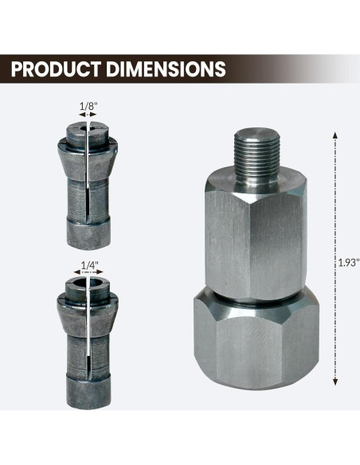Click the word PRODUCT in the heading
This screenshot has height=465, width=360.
click(58, 68)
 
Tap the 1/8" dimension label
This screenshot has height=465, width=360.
click(88, 104)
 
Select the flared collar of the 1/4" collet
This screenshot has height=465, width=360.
click(88, 303)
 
